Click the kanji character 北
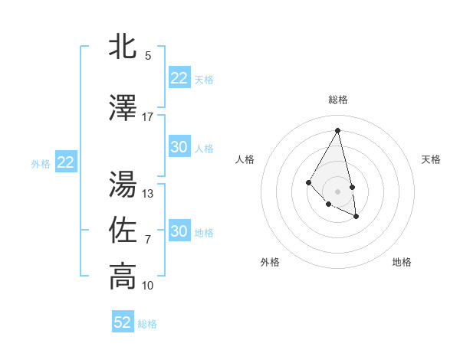[123, 45]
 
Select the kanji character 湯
[123, 184]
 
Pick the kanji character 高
[123, 276]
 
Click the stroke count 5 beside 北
[148, 55]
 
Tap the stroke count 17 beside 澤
[148, 117]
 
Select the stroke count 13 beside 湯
[148, 194]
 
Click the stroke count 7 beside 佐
[148, 240]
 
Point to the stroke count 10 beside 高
[148, 286]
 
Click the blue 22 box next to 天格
[179, 78]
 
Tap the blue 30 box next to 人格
[179, 147]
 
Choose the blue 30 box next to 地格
[179, 231]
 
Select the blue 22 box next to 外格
[66, 162]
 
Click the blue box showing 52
[123, 322]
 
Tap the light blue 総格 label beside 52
[147, 324]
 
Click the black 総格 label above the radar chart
[338, 100]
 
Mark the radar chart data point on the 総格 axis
[338, 130]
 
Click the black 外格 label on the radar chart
[270, 262]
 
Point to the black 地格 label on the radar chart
[402, 262]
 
